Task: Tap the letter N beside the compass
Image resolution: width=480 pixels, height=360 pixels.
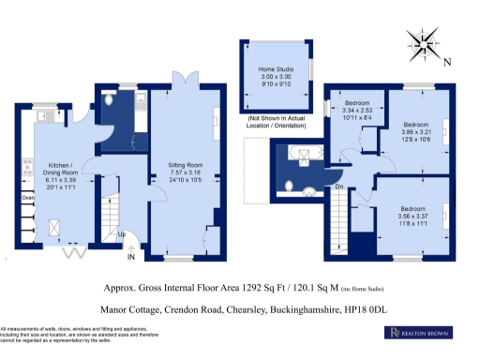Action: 447,64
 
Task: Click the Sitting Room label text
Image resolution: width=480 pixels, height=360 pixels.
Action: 183,166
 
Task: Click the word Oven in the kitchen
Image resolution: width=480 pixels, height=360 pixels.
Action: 28,199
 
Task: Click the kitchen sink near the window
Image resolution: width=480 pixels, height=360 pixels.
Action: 42,116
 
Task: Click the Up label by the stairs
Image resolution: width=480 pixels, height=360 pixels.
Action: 121,234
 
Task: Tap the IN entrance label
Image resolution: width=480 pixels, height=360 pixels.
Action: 131,256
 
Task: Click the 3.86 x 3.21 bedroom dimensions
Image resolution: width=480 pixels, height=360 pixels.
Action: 414,133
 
